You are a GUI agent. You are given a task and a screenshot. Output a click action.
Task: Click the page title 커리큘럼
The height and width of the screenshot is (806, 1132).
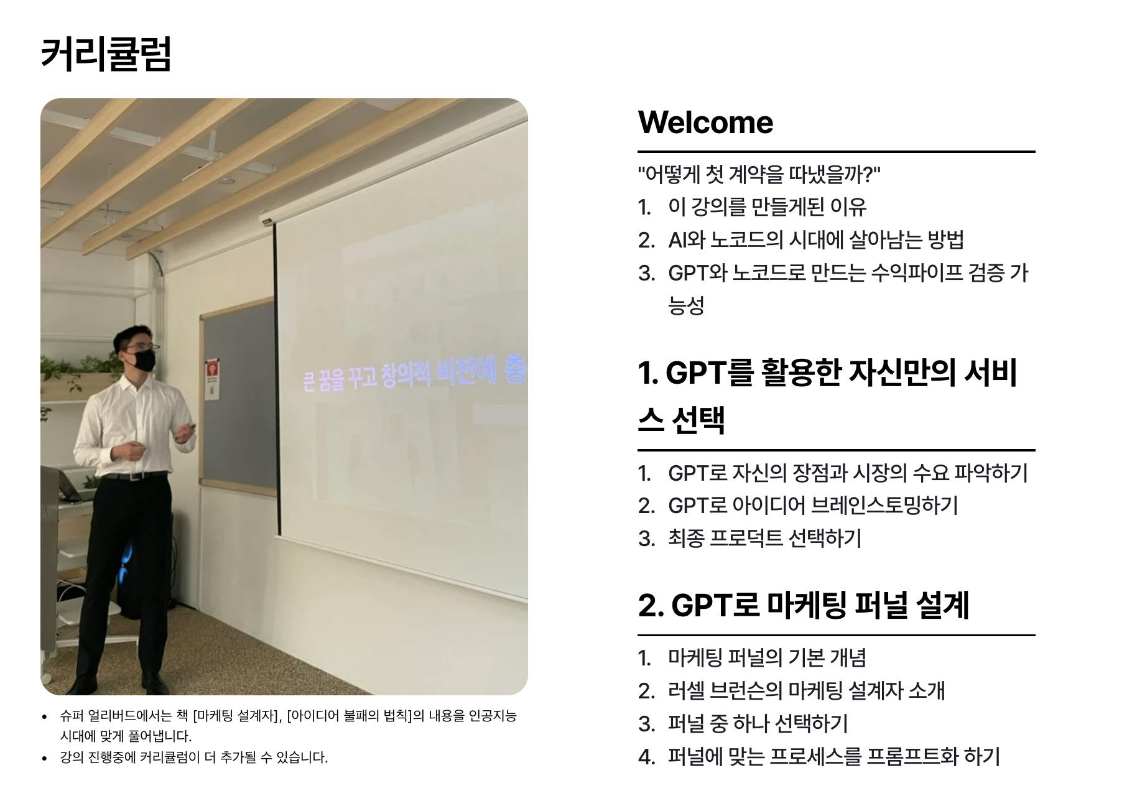[106, 53]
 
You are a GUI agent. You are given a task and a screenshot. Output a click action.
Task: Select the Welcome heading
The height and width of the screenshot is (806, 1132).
[705, 122]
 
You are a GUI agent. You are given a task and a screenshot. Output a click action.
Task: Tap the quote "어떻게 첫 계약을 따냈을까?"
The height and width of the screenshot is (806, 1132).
[759, 174]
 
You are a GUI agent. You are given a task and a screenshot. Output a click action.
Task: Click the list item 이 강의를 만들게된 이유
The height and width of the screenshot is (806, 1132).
[767, 207]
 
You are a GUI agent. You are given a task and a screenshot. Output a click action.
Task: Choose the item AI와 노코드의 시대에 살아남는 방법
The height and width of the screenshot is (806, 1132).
[816, 240]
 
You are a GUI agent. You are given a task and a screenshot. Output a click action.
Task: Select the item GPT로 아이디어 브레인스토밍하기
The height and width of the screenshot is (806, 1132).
[813, 506]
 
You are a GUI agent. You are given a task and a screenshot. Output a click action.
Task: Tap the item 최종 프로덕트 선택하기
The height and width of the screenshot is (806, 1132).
[764, 539]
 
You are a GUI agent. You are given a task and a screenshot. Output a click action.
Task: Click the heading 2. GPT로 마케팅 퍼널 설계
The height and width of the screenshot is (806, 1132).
[804, 605]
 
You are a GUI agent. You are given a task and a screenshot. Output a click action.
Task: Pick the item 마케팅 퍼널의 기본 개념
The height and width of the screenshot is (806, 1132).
[767, 658]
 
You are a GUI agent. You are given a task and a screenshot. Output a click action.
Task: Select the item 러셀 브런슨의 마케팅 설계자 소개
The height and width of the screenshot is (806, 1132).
[806, 691]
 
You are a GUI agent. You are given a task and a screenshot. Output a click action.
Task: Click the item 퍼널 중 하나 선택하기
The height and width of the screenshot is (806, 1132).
[758, 724]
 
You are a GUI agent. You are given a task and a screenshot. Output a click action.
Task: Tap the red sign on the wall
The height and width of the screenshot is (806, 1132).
[213, 371]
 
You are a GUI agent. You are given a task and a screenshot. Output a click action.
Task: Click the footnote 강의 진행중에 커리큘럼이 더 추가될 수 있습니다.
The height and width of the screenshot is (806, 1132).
[193, 757]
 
